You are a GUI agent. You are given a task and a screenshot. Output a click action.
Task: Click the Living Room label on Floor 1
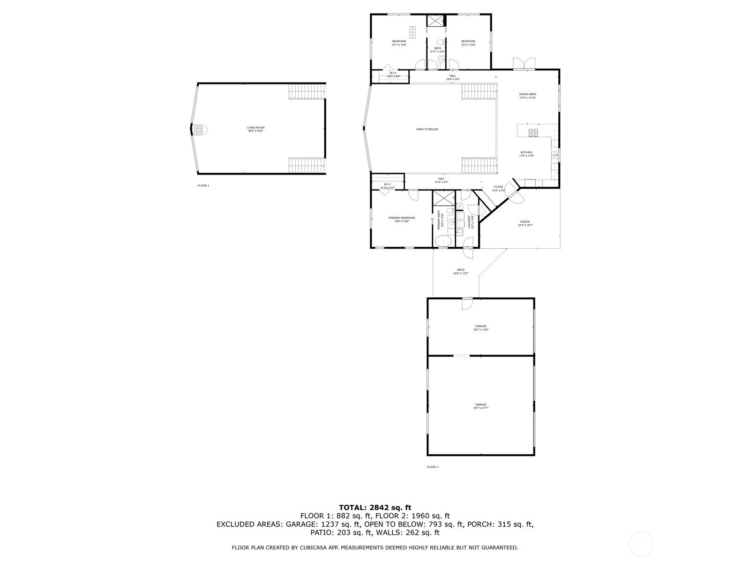[x=256, y=129]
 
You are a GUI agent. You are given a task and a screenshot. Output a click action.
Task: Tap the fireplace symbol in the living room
[x=200, y=130]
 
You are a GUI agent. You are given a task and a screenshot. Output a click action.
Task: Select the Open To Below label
[x=427, y=129]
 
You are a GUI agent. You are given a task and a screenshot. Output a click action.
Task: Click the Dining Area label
[x=527, y=96]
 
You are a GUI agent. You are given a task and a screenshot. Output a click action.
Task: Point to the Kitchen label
[x=526, y=154]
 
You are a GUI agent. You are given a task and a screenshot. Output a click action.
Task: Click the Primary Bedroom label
[x=402, y=219]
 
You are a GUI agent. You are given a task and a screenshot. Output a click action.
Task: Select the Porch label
[x=525, y=223]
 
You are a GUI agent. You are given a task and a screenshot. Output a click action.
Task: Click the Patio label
[x=461, y=271]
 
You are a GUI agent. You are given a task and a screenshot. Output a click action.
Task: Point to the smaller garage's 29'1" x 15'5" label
[x=481, y=327]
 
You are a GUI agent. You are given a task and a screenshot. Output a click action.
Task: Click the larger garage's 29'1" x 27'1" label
[x=481, y=406]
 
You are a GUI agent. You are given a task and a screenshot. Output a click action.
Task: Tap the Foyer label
[x=498, y=188]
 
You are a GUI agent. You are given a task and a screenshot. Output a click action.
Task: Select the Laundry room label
[x=472, y=221]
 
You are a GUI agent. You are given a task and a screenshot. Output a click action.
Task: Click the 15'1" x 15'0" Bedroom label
[x=399, y=43]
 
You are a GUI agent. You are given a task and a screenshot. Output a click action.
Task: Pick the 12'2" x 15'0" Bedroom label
[x=468, y=43]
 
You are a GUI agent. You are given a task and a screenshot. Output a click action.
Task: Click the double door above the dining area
[x=524, y=64]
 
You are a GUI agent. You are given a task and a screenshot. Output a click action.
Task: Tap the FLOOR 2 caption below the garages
[x=432, y=467]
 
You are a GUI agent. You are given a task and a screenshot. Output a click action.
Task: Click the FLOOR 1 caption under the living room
[x=203, y=185]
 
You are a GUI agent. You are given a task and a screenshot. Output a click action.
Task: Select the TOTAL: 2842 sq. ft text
[x=375, y=507]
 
